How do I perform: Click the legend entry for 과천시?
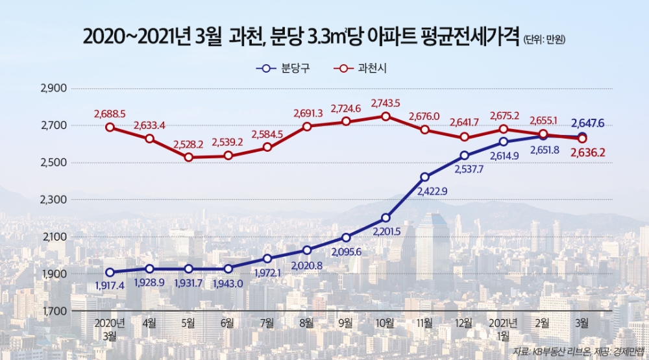click(363, 67)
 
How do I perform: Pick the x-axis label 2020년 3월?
click(110, 328)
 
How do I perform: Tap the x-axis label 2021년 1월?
click(504, 328)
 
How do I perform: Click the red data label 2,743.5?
click(386, 102)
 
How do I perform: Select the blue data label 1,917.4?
click(110, 285)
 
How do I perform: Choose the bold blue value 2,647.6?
click(588, 122)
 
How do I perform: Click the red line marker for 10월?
click(386, 117)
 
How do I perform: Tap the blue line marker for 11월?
click(425, 176)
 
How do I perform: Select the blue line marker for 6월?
click(228, 269)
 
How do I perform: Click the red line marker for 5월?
click(188, 157)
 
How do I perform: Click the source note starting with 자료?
click(578, 351)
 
